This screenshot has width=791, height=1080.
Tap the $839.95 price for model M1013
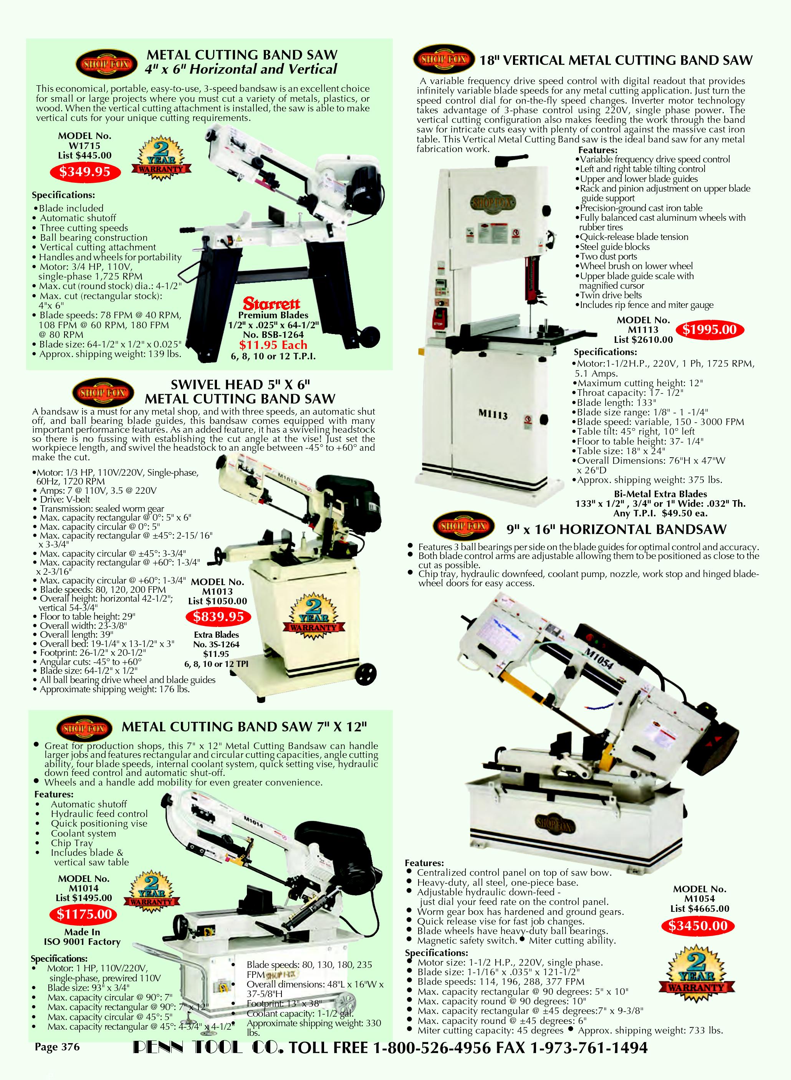click(x=218, y=617)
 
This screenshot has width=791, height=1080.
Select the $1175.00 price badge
click(x=84, y=915)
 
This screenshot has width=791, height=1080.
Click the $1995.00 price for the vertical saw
click(x=710, y=329)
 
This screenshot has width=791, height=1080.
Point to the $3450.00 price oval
click(x=698, y=925)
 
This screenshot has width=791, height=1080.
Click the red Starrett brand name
click(x=271, y=304)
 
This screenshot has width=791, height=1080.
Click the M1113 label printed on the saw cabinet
click(x=493, y=415)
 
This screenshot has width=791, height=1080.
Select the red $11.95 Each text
click(x=273, y=345)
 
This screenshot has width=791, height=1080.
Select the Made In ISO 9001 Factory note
click(x=82, y=937)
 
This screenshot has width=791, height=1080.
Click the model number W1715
click(x=84, y=146)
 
